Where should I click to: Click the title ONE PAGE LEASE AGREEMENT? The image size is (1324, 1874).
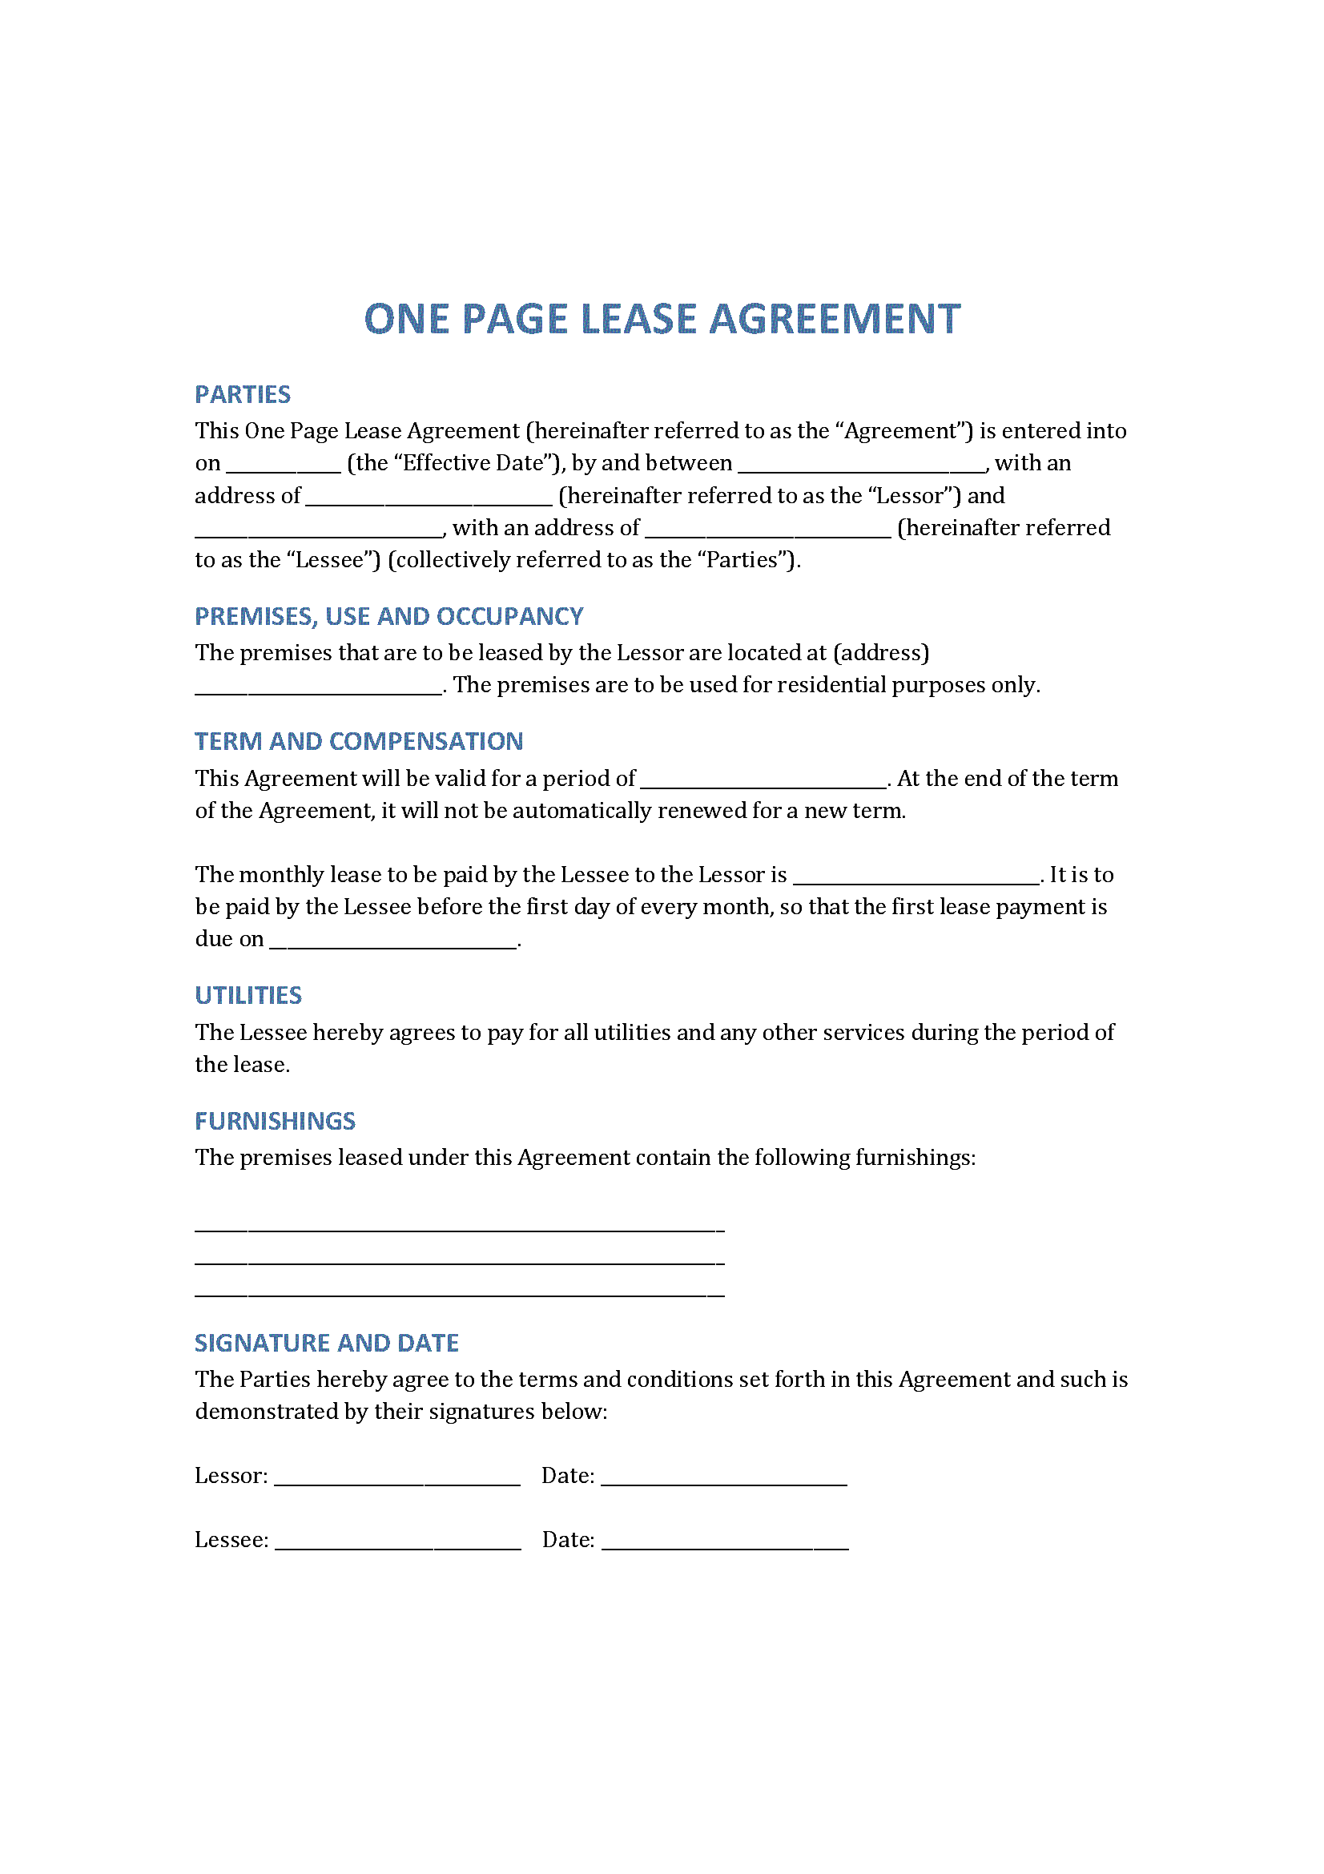pos(662,319)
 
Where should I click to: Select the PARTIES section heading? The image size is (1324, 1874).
pos(242,395)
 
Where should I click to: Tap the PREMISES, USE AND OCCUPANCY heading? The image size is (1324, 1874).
pos(388,616)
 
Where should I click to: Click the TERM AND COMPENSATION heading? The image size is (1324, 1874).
pos(358,741)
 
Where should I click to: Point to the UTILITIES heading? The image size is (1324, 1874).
pos(248,995)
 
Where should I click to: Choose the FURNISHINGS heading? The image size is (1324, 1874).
pos(275,1121)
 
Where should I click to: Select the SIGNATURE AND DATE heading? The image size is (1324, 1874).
pos(326,1343)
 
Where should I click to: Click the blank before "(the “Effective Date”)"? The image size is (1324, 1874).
pos(283,468)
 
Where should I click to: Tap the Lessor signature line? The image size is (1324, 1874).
pos(397,1481)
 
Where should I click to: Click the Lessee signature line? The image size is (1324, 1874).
pos(398,1544)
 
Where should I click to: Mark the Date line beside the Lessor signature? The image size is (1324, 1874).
pos(724,1481)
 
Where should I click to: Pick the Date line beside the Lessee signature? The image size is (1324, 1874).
pos(725,1544)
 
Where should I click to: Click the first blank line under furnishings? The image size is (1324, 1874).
pos(459,1227)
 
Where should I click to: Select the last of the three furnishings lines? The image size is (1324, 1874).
pos(459,1292)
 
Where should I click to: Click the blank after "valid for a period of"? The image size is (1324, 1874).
pos(763,783)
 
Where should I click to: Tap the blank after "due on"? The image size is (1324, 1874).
pos(393,944)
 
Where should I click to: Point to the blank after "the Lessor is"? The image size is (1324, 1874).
pos(916,879)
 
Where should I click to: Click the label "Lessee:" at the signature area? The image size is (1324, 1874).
pos(231,1539)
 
